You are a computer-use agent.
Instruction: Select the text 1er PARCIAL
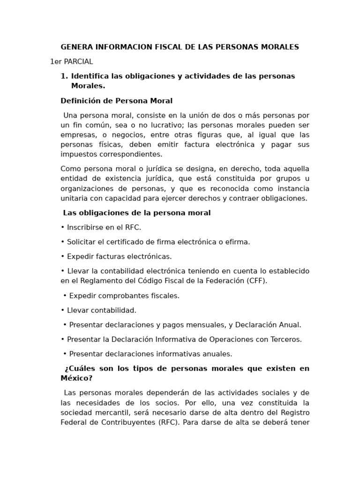71,61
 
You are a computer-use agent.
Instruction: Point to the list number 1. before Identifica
65,76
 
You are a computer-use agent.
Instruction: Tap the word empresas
77,135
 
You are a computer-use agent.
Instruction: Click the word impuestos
78,154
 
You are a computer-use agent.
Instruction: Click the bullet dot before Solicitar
62,242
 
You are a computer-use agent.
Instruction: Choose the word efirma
238,242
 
